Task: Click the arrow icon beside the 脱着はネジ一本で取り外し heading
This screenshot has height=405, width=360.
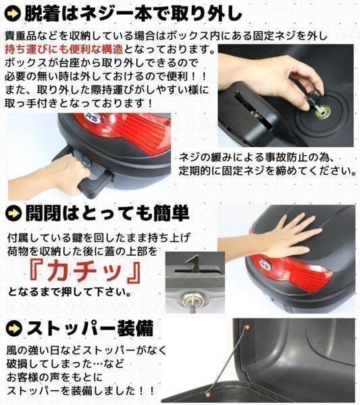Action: [12, 13]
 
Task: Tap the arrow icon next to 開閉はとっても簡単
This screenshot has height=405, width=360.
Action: [14, 213]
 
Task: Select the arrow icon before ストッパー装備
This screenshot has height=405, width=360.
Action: [14, 328]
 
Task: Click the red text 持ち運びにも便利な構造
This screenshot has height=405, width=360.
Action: [64, 49]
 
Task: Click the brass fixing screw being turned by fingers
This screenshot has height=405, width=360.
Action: [323, 112]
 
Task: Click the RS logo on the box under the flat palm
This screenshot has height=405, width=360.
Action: [265, 265]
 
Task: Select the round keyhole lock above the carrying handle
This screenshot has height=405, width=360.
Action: [84, 161]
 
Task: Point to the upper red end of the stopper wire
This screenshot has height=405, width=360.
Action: [247, 327]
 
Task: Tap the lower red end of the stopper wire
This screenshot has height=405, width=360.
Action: [207, 394]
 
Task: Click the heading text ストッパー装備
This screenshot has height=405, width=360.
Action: [90, 328]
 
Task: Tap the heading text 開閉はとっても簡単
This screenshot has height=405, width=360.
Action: [107, 213]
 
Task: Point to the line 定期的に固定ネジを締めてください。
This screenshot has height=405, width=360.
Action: [267, 171]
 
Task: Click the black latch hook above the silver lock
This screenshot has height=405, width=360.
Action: [193, 263]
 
